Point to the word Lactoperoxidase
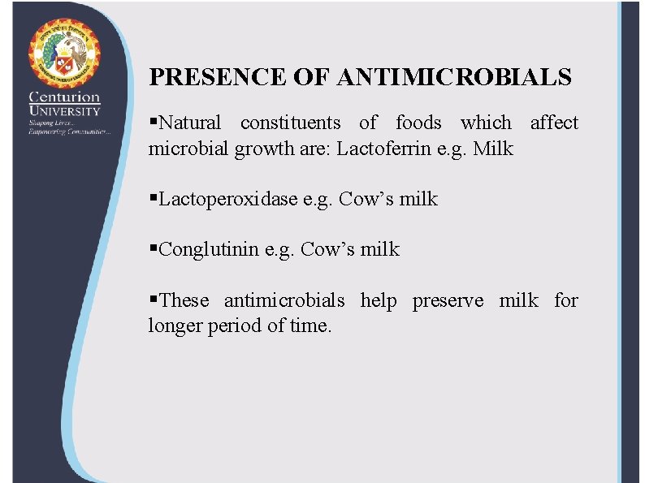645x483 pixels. pos(229,199)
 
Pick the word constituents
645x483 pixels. pos(290,123)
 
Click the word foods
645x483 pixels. pos(418,123)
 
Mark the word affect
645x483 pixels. pos(554,123)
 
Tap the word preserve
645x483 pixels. pos(448,301)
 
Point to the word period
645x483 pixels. pos(229,326)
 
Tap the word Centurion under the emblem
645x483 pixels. pos(65,97)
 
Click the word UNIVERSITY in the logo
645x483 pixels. pos(65,111)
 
